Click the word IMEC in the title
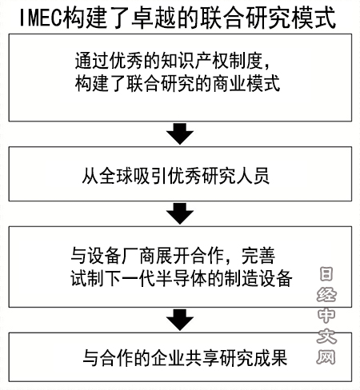pos(42,18)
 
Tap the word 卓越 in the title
pos(154,18)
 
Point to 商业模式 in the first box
pos(246,83)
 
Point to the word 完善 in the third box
pos(258,256)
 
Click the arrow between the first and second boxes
pos(180,133)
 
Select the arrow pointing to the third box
pos(180,213)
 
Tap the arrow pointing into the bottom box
pos(180,320)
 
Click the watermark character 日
pos(326,274)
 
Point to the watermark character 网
pos(326,356)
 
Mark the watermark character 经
pos(326,295)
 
